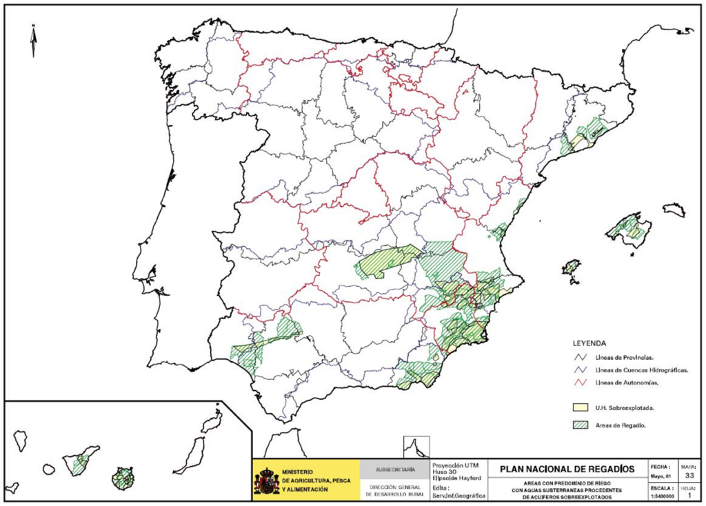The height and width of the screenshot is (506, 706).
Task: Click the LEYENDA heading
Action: point(589,343)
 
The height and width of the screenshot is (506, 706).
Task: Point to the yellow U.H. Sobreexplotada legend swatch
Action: point(581,407)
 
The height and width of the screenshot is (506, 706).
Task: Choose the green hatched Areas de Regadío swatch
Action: point(581,425)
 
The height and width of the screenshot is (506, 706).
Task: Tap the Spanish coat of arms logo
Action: point(266,480)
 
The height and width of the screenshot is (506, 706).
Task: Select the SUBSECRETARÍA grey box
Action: point(395,469)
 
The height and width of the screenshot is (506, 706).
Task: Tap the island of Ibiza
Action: point(570,267)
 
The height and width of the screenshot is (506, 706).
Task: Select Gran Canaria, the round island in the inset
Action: point(125,477)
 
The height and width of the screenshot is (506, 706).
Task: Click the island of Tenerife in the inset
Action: point(80,463)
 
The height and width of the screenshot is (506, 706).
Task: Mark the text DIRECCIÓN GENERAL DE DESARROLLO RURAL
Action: point(395,490)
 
